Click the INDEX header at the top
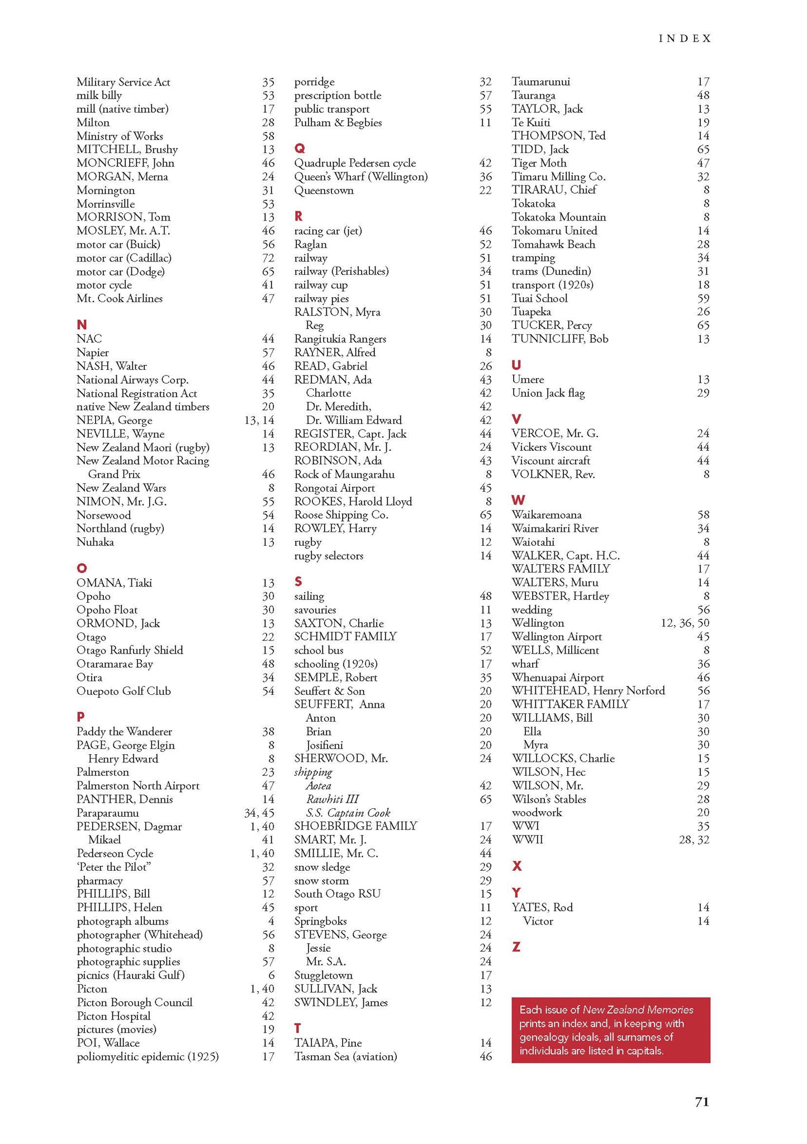pyautogui.click(x=685, y=39)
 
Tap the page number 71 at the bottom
pyautogui.click(x=702, y=1102)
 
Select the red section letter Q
pyautogui.click(x=300, y=149)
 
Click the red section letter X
pyautogui.click(x=517, y=866)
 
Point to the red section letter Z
pyautogui.click(x=516, y=947)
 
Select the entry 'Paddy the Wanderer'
pyautogui.click(x=124, y=731)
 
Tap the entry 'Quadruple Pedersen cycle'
pyautogui.click(x=355, y=163)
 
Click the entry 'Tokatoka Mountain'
pyautogui.click(x=558, y=217)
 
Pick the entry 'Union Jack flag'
pyautogui.click(x=548, y=393)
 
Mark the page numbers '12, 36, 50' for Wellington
pyautogui.click(x=685, y=623)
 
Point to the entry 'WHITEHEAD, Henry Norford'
pyautogui.click(x=588, y=690)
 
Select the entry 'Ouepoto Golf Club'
pyautogui.click(x=124, y=691)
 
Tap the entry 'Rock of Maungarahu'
pyautogui.click(x=344, y=474)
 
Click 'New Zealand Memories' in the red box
pyautogui.click(x=638, y=1010)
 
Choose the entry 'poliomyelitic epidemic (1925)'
pyautogui.click(x=148, y=1056)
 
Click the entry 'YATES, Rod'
pyautogui.click(x=542, y=907)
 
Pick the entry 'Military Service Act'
pyautogui.click(x=123, y=82)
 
